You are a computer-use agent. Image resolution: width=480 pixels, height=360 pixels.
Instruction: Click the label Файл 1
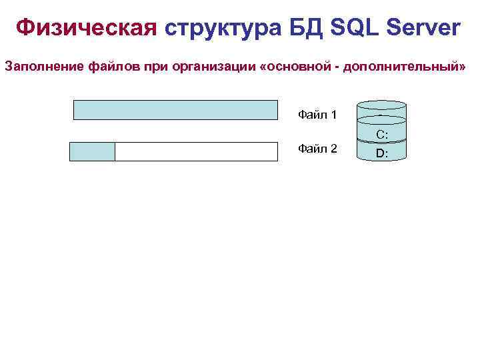317,115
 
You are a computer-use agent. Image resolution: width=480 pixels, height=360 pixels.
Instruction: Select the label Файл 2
317,148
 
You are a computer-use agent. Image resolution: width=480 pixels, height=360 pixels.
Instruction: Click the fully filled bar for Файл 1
175,110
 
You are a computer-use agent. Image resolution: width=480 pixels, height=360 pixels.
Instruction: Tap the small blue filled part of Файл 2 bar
92,152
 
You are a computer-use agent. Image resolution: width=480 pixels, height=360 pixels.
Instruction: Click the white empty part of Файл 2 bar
196,152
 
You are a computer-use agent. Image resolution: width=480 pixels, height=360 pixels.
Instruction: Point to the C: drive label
382,135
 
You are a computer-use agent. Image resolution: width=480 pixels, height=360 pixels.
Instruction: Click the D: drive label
382,153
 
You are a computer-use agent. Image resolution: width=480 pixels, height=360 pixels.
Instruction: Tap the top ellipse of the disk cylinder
381,105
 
